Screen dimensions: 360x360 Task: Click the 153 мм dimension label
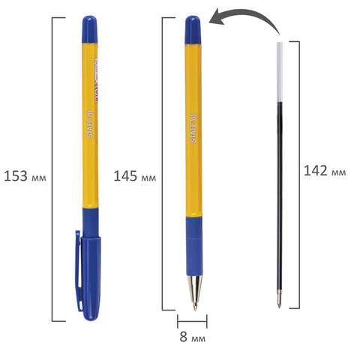[25, 176]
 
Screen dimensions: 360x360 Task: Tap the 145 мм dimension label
[134, 176]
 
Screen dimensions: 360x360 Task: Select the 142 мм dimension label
[325, 171]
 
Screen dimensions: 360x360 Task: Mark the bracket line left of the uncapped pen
[163, 165]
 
